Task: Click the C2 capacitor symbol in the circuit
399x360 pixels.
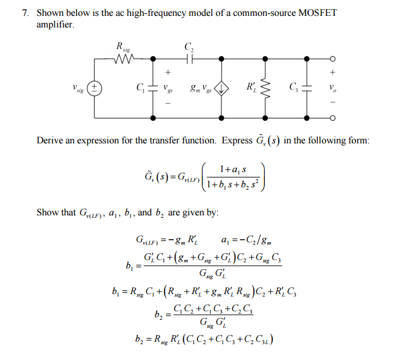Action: tap(189, 59)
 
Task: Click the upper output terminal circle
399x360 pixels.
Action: tap(332, 59)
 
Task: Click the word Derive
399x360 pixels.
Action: tap(51, 141)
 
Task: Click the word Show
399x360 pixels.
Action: tap(47, 213)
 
